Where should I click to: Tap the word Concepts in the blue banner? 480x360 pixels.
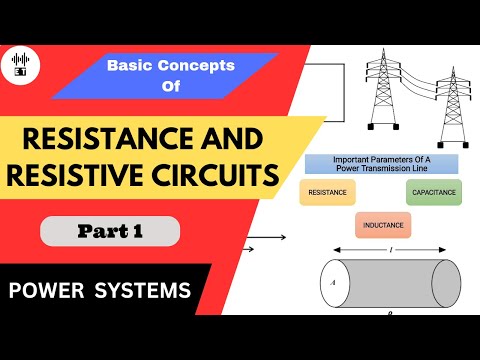[202, 65]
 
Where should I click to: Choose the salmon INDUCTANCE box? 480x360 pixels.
[383, 224]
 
